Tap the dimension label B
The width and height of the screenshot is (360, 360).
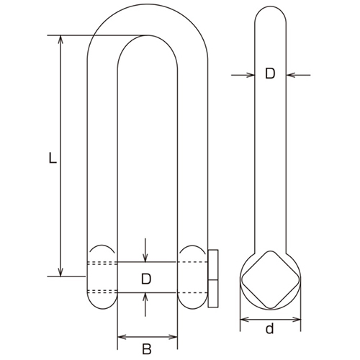coord(147,349)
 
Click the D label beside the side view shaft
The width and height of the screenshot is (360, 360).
coord(270,74)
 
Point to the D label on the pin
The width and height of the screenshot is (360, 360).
coord(146,278)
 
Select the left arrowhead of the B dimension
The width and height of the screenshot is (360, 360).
coord(120,336)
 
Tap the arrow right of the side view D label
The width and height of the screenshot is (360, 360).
coord(292,74)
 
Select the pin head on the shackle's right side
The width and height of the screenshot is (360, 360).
coord(214,278)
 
